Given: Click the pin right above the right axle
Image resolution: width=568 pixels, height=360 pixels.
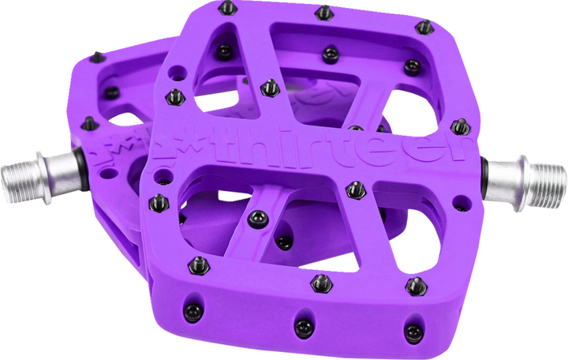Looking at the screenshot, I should click(459, 127).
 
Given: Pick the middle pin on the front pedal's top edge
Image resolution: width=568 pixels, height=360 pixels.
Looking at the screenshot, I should click(323, 13).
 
